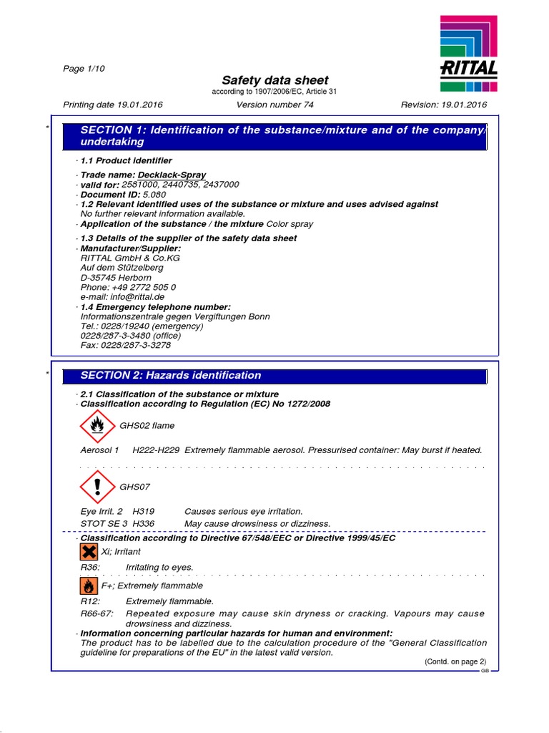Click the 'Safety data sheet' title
tap(275, 80)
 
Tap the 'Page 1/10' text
tap(84, 68)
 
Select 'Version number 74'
tap(274, 105)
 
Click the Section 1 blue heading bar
tap(274, 136)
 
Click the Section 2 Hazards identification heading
tap(171, 375)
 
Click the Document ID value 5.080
tap(154, 194)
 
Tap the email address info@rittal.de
tap(122, 296)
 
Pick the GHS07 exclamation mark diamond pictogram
tap(97, 487)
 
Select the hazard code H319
tap(144, 511)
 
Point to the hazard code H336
tap(144, 523)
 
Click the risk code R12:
tap(90, 601)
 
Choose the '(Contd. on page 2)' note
tap(455, 661)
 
